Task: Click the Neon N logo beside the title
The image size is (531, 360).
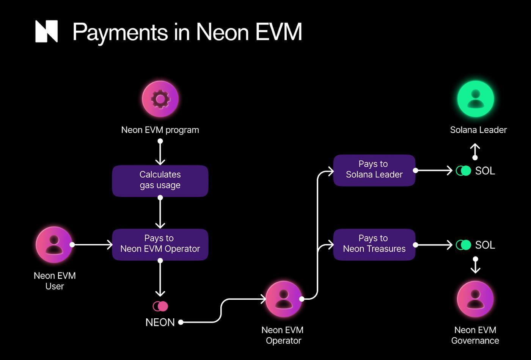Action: (x=46, y=31)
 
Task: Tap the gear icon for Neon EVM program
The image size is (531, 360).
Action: (x=160, y=99)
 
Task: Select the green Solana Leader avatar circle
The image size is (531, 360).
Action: (x=475, y=99)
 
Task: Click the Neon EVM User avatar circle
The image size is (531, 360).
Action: (x=54, y=244)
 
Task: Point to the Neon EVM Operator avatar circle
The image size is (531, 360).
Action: (x=283, y=299)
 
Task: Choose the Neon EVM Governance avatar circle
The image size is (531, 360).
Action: (x=475, y=299)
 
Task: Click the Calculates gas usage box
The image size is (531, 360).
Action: (x=160, y=180)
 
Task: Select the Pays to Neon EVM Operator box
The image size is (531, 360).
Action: (x=160, y=244)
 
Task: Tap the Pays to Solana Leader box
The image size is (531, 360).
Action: (x=374, y=170)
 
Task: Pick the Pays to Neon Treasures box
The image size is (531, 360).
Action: (x=374, y=244)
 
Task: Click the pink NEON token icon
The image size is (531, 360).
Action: (x=160, y=306)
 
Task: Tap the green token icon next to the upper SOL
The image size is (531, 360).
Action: (x=463, y=171)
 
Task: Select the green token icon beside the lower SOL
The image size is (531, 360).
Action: (x=463, y=245)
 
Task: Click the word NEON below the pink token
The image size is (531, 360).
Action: (x=160, y=322)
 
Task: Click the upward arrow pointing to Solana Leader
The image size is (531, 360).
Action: (x=475, y=151)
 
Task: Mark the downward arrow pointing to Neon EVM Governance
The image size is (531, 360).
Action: (x=475, y=265)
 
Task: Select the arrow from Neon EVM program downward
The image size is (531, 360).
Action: (x=160, y=152)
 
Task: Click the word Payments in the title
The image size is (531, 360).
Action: (x=120, y=32)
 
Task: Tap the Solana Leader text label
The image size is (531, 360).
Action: (x=478, y=130)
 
